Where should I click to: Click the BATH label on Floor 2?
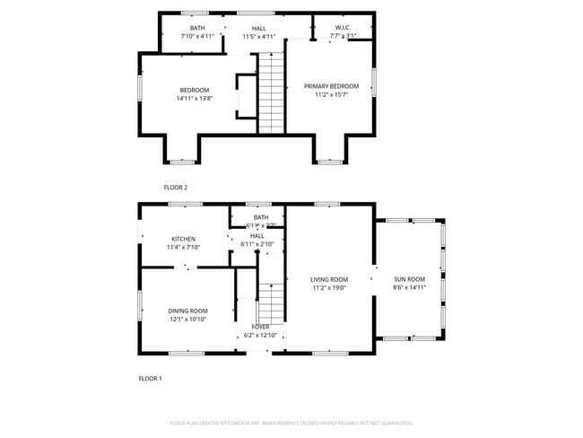[196, 28]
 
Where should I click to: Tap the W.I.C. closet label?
[343, 28]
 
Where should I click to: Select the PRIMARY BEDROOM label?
[331, 86]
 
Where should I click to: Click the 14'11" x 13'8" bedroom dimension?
[195, 99]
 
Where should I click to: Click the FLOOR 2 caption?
[176, 188]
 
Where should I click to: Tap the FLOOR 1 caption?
[150, 379]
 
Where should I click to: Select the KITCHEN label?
[183, 239]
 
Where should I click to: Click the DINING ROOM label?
[187, 311]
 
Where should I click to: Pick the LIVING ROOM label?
[329, 279]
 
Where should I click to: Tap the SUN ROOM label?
[409, 279]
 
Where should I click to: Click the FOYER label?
[260, 328]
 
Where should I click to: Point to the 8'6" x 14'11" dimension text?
[409, 288]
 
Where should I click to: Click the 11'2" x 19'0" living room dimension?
[329, 288]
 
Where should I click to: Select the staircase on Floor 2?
[271, 92]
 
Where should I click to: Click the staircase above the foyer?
[270, 301]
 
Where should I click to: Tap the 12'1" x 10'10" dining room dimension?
[187, 320]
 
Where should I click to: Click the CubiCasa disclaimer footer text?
[291, 422]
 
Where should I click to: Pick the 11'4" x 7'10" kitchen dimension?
[183, 248]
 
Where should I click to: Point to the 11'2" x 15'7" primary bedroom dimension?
[331, 95]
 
